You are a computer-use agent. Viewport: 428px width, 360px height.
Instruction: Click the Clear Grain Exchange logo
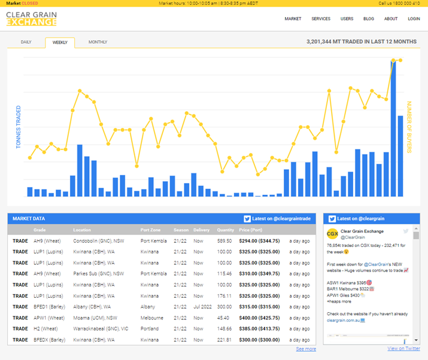31,19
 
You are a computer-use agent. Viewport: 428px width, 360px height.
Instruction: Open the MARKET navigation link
293,19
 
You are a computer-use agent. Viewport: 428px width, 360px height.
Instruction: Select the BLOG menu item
369,19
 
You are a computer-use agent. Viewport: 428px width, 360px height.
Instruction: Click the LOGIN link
414,19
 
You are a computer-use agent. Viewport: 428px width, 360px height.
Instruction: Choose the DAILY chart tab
26,42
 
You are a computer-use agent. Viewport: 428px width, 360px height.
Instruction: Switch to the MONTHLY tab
98,42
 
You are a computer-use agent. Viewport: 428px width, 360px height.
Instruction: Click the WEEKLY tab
60,42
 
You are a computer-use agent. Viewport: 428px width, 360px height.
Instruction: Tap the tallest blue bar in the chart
393,128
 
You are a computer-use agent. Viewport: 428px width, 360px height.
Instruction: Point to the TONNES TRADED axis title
18,127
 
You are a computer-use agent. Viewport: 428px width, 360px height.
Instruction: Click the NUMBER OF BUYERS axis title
409,127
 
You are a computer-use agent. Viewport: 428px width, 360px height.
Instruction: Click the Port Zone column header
150,230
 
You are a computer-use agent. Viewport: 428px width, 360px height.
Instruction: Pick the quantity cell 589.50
224,241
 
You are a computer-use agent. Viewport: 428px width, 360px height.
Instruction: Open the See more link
306,349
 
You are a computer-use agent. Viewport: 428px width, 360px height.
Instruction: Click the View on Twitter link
403,349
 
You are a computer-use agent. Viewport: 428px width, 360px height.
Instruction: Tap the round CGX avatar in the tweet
332,234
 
